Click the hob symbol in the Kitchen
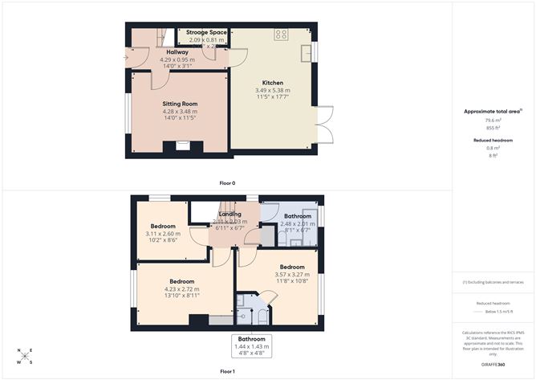281,35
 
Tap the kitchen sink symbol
307,53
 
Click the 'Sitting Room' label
179,104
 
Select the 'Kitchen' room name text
273,82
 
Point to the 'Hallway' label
177,51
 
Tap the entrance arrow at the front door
127,58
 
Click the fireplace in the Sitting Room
178,147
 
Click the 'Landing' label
230,214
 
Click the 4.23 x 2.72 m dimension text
181,289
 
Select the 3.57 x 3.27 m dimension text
292,275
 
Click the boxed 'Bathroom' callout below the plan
252,346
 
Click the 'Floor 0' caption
227,183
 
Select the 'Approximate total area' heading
492,112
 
